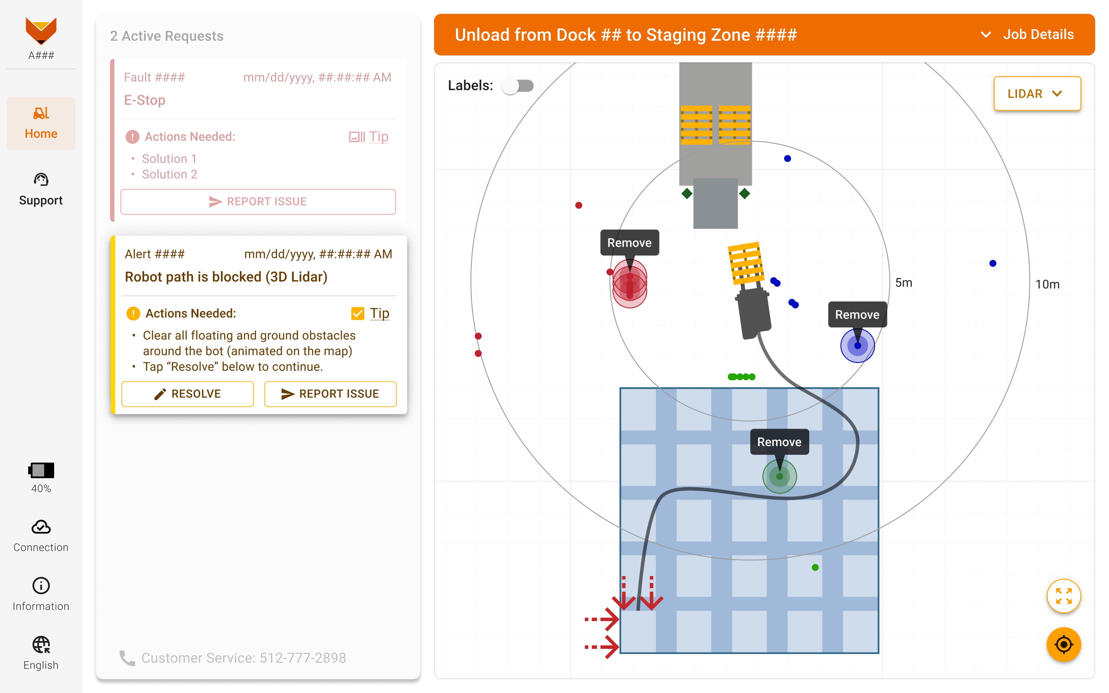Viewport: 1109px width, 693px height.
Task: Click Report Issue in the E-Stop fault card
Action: coord(258,202)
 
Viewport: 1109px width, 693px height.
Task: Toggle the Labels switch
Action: coord(518,86)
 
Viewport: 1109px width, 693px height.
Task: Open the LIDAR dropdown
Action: coord(1037,94)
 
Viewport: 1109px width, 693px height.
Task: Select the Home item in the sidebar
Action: coord(41,123)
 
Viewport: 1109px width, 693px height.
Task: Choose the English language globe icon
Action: coord(41,645)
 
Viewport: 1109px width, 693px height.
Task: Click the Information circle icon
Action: coord(41,586)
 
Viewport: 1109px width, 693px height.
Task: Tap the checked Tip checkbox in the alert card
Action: coord(357,313)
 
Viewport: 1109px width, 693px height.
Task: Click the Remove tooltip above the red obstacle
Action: coord(629,243)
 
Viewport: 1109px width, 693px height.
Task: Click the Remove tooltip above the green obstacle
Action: coord(779,442)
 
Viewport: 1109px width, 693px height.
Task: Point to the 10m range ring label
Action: coord(1047,285)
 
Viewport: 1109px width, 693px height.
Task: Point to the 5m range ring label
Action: coord(903,283)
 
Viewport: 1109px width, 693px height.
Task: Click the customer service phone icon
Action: coord(127,658)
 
